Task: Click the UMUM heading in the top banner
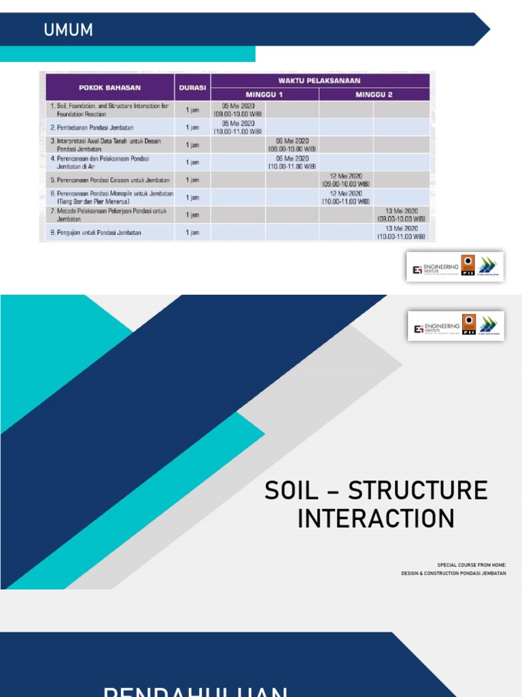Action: (x=68, y=31)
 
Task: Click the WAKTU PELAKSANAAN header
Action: (x=319, y=80)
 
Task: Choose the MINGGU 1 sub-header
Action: (x=264, y=95)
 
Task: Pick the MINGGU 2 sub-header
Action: (x=374, y=95)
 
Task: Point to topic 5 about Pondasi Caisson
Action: (x=109, y=180)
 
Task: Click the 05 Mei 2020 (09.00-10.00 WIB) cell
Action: (x=238, y=110)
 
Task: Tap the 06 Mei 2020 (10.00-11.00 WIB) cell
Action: (x=292, y=162)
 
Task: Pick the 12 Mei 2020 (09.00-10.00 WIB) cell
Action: (x=346, y=180)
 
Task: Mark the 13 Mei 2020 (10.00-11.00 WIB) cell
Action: (x=401, y=233)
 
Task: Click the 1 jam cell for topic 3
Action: (x=192, y=145)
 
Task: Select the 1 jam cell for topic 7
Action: (x=192, y=215)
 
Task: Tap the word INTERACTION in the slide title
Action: (x=376, y=519)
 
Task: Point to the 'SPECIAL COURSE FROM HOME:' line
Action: (x=472, y=565)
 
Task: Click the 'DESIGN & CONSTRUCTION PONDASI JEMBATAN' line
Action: (x=453, y=574)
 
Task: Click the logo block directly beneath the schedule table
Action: (x=455, y=267)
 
